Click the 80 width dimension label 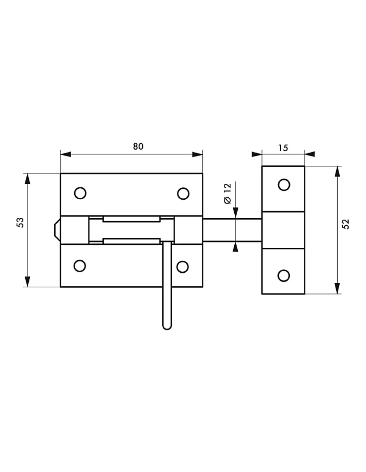[138, 147]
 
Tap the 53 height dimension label [20, 222]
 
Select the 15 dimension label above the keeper [283, 148]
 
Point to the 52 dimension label [345, 224]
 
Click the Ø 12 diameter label [228, 194]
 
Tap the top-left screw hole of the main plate [80, 193]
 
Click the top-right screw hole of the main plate [183, 193]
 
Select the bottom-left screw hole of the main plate [80, 266]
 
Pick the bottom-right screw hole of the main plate [183, 267]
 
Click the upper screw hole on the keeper [284, 185]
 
